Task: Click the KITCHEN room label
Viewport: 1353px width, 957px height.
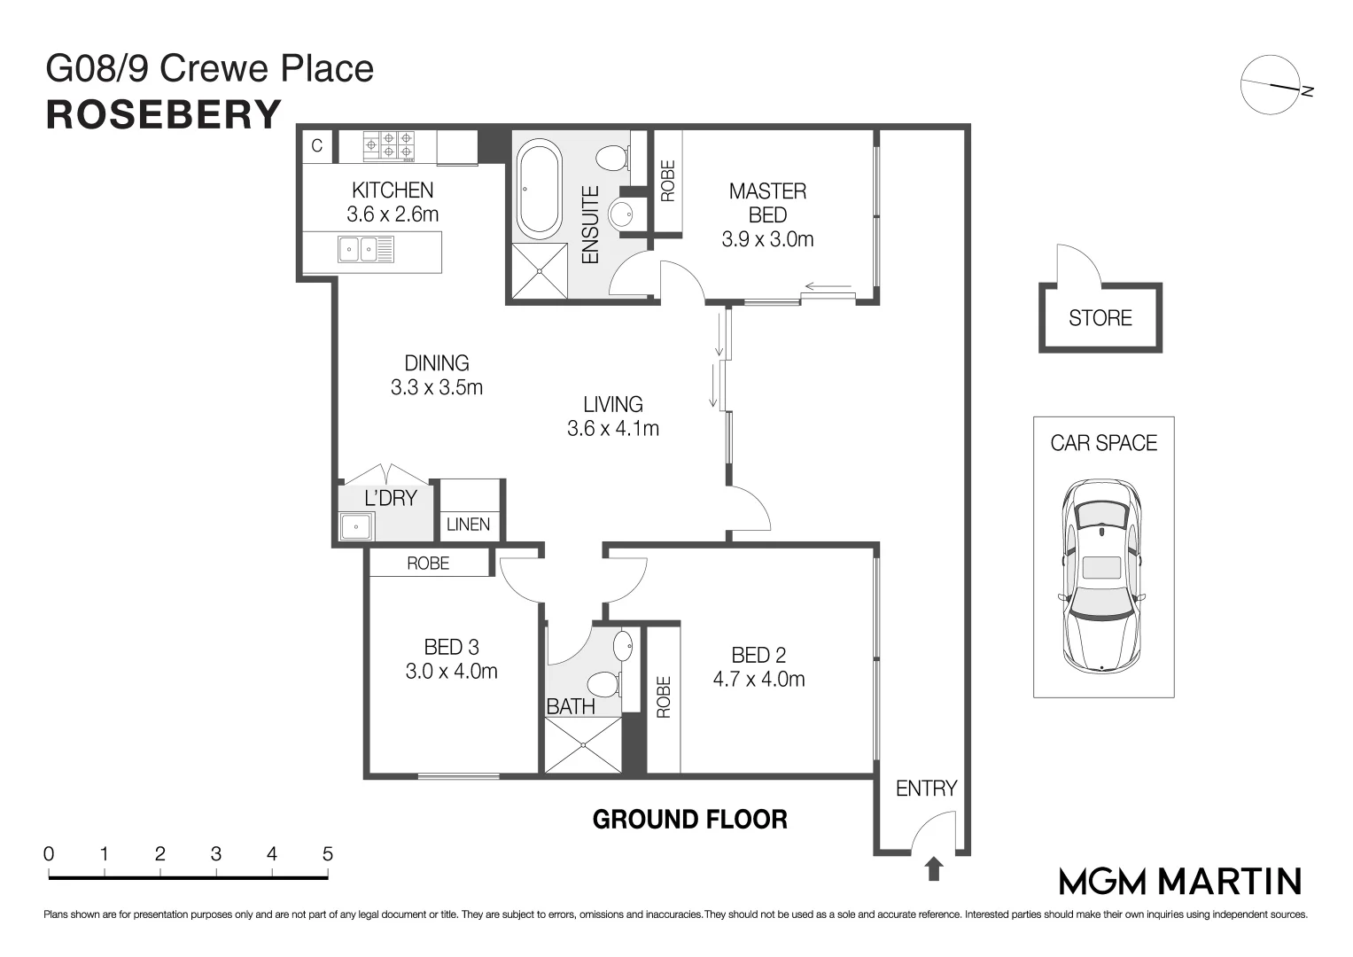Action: click(x=393, y=191)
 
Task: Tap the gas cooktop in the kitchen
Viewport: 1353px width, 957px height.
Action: click(x=389, y=146)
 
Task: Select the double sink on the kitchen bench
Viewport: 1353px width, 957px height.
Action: click(x=366, y=249)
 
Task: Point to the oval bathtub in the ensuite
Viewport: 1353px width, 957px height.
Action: click(x=540, y=189)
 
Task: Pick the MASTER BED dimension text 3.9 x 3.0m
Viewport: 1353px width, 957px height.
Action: click(x=767, y=239)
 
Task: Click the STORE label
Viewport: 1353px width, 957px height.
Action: click(x=1100, y=318)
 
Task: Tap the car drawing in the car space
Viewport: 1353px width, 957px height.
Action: click(x=1102, y=576)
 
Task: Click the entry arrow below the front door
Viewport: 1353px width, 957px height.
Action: click(x=934, y=868)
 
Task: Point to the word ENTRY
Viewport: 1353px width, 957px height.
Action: click(x=926, y=789)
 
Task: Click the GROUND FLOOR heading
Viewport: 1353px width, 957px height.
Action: click(x=689, y=820)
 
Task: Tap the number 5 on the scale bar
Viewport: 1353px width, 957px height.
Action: click(x=327, y=853)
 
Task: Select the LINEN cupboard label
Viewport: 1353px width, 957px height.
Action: click(x=468, y=525)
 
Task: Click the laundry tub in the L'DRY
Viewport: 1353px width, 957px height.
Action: click(x=356, y=526)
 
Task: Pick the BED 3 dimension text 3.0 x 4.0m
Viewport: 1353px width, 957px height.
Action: click(x=451, y=672)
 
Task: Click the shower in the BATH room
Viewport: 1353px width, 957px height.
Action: click(x=583, y=745)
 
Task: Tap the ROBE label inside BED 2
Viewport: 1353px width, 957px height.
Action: click(x=664, y=697)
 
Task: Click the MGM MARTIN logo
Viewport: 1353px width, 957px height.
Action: click(x=1180, y=882)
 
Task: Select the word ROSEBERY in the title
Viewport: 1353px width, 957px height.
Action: click(x=164, y=115)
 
